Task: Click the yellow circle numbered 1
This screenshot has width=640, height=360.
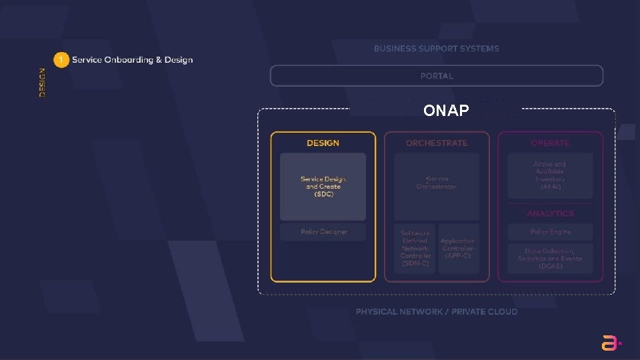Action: tap(61, 60)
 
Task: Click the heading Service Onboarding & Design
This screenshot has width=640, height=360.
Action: tap(132, 60)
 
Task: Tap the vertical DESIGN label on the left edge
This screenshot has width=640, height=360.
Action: tap(43, 83)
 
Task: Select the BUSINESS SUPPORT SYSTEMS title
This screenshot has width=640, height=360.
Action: tap(436, 49)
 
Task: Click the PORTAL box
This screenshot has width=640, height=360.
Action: tap(436, 76)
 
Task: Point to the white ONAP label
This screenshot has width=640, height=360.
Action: tap(446, 111)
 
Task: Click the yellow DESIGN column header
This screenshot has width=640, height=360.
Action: tap(323, 143)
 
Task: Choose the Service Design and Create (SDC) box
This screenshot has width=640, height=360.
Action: tap(323, 187)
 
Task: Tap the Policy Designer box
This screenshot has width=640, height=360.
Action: tap(323, 232)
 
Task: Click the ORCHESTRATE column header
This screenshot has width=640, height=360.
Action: tap(437, 143)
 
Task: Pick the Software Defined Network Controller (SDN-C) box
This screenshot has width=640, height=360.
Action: tap(415, 248)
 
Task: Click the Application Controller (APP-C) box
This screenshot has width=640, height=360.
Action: tap(458, 248)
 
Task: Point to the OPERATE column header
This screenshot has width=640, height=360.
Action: tap(550, 143)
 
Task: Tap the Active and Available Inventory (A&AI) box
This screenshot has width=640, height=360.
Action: tap(550, 175)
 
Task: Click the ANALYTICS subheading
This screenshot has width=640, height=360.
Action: tap(550, 214)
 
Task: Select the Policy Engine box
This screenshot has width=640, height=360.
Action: tap(550, 232)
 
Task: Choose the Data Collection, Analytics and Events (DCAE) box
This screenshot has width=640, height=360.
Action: tap(550, 259)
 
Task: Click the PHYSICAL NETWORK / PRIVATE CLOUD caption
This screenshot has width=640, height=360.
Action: tap(436, 312)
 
